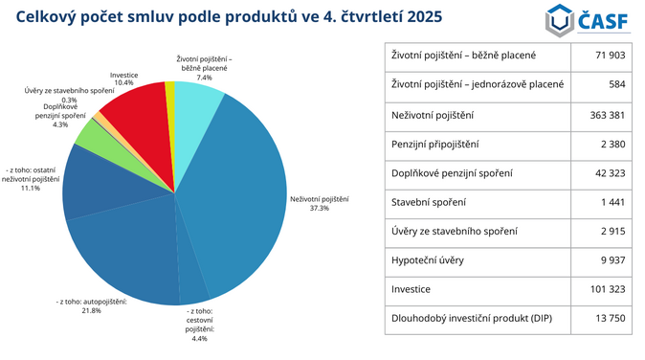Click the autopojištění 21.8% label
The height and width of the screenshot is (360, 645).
click(92, 306)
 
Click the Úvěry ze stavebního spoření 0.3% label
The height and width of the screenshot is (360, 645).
click(69, 95)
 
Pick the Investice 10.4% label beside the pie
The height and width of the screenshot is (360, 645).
click(123, 79)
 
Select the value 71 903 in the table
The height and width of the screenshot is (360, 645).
click(609, 56)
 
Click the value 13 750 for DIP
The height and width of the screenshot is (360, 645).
click(608, 319)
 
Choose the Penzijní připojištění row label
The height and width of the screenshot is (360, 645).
click(435, 144)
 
